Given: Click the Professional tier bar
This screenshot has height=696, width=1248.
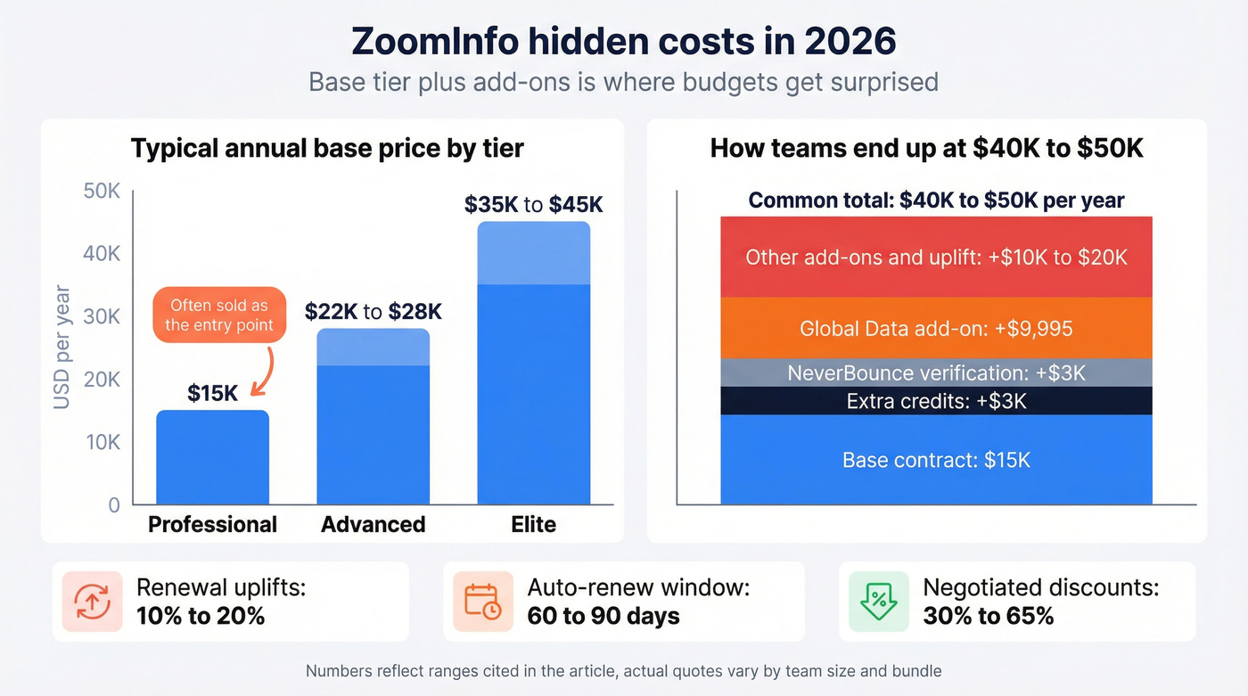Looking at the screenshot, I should [x=212, y=457].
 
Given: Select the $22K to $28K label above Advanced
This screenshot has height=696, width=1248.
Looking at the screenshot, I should [x=373, y=312].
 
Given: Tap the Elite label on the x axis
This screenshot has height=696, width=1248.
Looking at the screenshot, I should [x=533, y=524].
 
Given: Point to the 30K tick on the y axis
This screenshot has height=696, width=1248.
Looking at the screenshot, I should [x=102, y=316].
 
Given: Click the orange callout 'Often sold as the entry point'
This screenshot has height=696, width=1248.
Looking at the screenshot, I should [x=219, y=315].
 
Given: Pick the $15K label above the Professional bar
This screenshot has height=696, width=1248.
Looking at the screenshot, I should [x=213, y=393].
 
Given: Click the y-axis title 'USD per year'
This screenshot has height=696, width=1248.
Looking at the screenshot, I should [x=62, y=347].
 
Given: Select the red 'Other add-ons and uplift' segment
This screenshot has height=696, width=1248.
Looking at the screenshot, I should [x=936, y=257].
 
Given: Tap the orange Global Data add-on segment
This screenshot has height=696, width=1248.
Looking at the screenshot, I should [x=936, y=328].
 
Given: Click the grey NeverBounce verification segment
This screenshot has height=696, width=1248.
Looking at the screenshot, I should [x=936, y=373].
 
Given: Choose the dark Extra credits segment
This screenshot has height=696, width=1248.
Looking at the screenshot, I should [x=936, y=401].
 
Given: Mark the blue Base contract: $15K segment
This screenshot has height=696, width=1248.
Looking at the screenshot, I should [x=936, y=460].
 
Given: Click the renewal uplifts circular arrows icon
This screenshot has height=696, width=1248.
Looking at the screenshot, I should [x=92, y=602].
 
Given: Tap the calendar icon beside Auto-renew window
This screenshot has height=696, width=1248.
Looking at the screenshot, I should [x=482, y=602].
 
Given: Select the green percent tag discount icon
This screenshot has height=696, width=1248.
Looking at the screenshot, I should [x=878, y=602].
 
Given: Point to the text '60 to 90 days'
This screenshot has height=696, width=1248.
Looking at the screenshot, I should [x=603, y=616].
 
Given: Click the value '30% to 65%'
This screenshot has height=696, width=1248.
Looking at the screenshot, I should [x=989, y=616].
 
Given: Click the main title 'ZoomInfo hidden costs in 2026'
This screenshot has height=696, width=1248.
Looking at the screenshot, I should [x=623, y=42].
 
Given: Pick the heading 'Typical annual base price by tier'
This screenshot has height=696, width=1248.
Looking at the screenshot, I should [x=327, y=148].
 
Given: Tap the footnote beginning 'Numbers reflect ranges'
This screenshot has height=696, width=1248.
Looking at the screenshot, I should [x=623, y=671].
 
